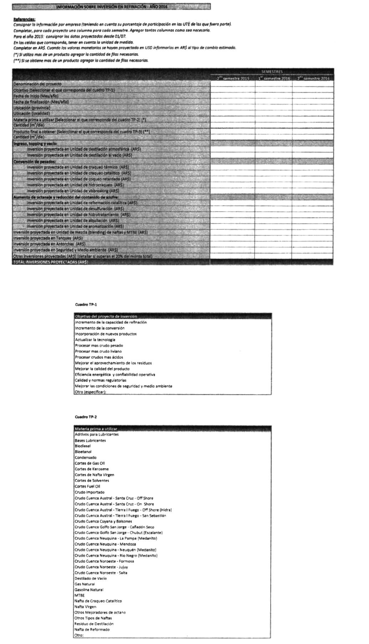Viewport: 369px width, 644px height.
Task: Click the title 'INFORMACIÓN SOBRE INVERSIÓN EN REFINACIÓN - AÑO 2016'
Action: click(111, 7)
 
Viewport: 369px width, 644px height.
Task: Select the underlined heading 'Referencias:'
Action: click(24, 19)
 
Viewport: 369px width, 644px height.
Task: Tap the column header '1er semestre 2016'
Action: click(273, 78)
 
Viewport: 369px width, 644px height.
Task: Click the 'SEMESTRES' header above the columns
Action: click(272, 72)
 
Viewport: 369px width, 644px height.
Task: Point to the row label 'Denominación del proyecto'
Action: click(37, 84)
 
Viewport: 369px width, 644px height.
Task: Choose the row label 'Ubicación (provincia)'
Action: click(32, 108)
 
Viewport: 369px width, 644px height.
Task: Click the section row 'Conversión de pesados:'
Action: click(35, 162)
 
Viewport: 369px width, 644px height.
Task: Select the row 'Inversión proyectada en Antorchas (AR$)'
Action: click(49, 244)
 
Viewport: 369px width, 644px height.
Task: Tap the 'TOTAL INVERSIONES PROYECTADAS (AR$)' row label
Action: click(50, 262)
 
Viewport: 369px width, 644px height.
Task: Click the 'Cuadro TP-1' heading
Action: click(86, 305)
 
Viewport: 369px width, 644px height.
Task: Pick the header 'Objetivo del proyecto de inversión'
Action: click(106, 316)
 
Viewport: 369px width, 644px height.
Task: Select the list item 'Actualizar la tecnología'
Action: click(95, 340)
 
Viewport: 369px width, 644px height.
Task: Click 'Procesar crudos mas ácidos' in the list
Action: click(99, 357)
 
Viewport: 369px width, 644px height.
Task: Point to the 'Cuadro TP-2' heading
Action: click(86, 417)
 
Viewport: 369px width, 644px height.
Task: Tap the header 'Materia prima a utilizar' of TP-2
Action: click(96, 429)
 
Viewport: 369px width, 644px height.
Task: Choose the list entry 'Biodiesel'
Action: click(83, 446)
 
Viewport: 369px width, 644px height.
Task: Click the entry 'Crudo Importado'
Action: click(89, 492)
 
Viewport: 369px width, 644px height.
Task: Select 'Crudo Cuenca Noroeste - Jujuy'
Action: click(101, 567)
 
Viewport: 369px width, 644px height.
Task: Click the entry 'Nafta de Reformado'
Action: click(92, 629)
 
